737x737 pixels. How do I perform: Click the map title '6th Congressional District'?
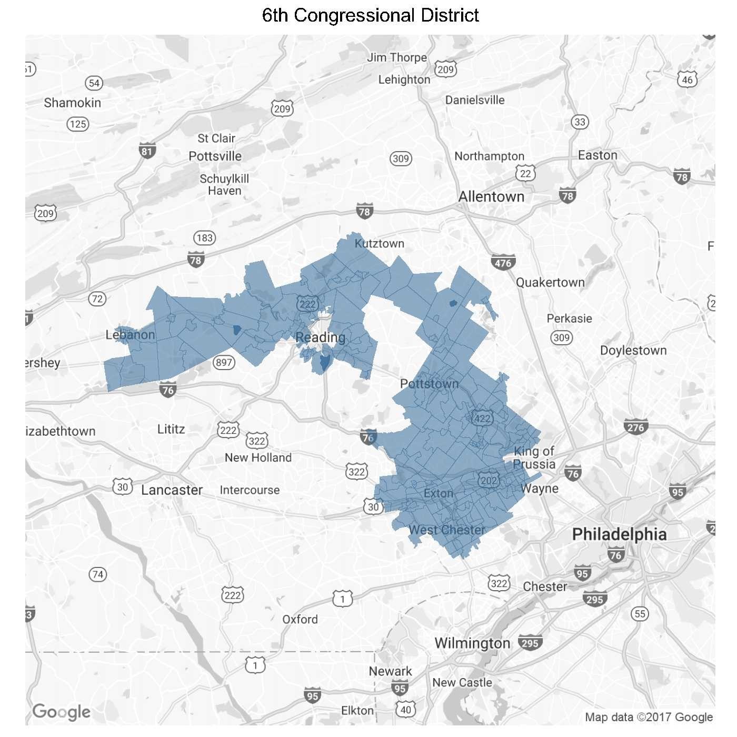point(370,16)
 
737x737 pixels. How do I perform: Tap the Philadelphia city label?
point(619,534)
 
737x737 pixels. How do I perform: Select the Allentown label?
point(491,197)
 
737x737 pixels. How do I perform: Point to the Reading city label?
point(320,337)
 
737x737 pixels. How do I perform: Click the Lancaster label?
point(172,490)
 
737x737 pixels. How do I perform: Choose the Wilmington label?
point(472,643)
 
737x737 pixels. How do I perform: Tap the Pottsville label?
point(215,156)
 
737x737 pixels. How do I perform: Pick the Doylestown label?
point(633,351)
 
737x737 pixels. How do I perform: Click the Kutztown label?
point(379,244)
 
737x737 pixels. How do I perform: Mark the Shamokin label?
point(72,103)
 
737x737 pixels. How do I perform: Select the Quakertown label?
point(550,283)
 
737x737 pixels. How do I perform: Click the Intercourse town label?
point(250,490)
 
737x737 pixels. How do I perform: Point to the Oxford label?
point(300,620)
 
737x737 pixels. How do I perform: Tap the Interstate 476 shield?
point(503,263)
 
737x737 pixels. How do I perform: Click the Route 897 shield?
point(224,362)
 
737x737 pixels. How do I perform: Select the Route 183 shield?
point(204,238)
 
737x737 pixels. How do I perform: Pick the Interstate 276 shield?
point(635,427)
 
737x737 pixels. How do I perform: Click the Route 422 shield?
point(482,418)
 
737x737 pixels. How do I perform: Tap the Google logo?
point(61,712)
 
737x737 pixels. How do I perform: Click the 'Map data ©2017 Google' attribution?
point(649,717)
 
